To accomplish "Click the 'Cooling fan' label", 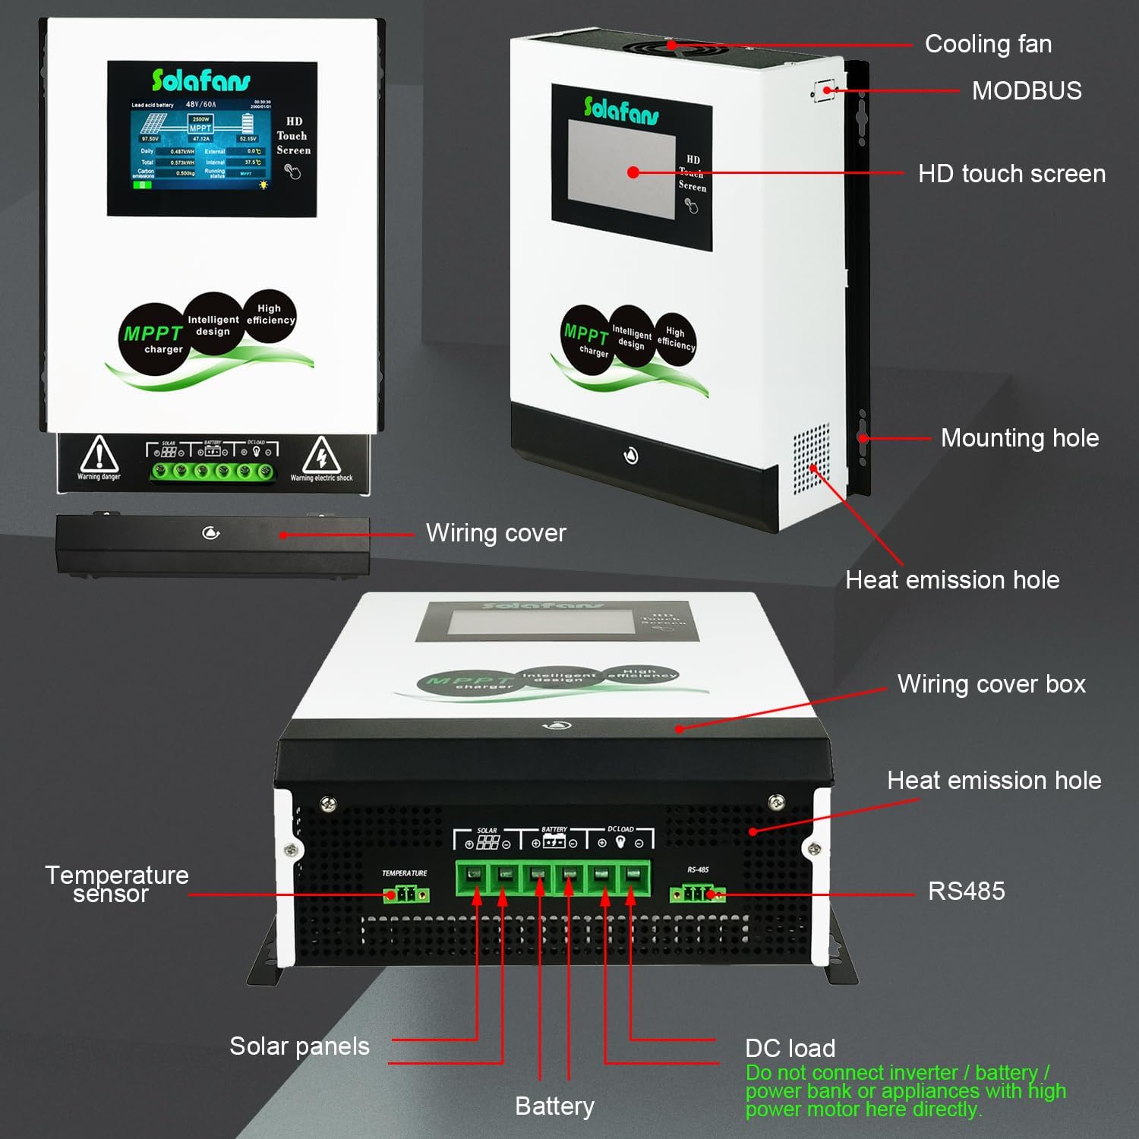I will point(988,44).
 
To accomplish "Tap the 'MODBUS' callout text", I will point(1027,91).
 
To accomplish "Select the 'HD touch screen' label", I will point(1011,174).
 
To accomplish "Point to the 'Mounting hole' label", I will point(1019,438).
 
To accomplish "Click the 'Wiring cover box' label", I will point(991,684).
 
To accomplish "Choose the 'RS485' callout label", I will point(966,891).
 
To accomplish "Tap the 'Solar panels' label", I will point(299,1046).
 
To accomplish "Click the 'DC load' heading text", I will point(790,1049).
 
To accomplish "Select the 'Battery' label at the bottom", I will point(554,1106).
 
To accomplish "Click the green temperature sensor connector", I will point(406,894).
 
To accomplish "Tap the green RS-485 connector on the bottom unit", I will point(697,894).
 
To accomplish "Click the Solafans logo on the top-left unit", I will point(200,80).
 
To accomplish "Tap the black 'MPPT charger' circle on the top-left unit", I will point(153,339).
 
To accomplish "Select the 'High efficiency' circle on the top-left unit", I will point(270,314).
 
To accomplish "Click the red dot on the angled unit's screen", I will point(633,172).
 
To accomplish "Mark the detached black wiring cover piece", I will point(213,544).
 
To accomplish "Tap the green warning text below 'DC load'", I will point(904,1091).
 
